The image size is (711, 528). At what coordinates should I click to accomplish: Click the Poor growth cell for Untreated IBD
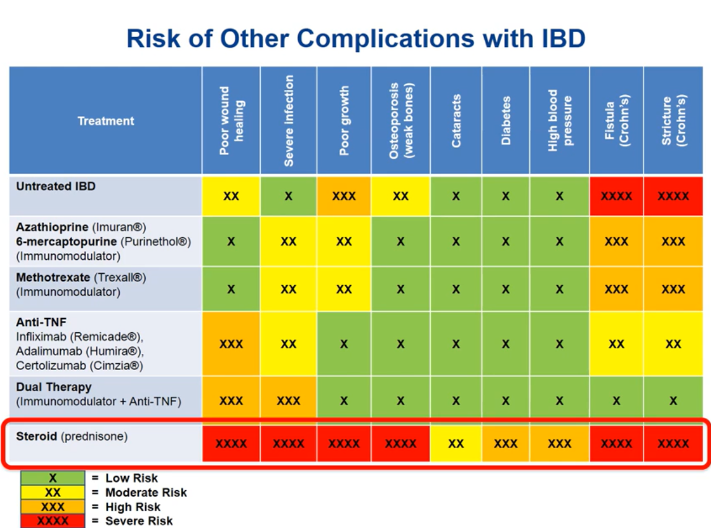click(x=344, y=196)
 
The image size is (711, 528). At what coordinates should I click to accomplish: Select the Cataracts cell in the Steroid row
click(x=456, y=444)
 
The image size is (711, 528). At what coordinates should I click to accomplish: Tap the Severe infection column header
click(x=288, y=120)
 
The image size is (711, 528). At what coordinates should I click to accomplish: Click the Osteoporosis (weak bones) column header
click(x=400, y=120)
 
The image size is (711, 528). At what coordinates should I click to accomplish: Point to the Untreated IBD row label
click(x=56, y=186)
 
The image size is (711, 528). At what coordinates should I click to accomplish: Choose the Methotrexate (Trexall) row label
click(x=81, y=284)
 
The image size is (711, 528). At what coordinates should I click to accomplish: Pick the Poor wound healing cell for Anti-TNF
click(x=231, y=344)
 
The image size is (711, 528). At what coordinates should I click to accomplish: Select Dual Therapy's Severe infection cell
click(x=288, y=401)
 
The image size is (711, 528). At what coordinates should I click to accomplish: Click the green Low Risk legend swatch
click(x=53, y=478)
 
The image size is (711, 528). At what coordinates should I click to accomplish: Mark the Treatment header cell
click(x=105, y=121)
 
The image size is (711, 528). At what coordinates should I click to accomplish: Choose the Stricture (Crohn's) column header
click(x=673, y=120)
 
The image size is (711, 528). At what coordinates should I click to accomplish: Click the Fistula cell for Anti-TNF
click(x=616, y=344)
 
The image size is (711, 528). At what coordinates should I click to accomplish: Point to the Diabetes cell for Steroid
click(x=506, y=444)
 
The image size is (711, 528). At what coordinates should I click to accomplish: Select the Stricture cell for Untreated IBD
click(x=673, y=196)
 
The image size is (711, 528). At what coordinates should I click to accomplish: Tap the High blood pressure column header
click(x=559, y=120)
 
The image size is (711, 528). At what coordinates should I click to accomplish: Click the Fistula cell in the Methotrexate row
click(x=616, y=289)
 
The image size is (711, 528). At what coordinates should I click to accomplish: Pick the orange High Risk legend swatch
click(x=53, y=507)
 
